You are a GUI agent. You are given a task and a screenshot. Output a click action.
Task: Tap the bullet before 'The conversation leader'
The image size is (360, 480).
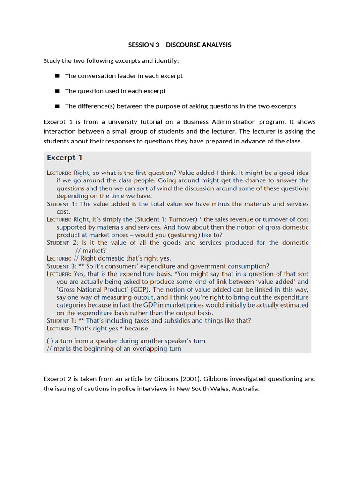(x=57, y=75)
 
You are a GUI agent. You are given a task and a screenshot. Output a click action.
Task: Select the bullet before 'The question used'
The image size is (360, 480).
(x=57, y=91)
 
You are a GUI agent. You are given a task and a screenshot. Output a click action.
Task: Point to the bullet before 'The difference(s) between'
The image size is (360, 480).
(x=57, y=106)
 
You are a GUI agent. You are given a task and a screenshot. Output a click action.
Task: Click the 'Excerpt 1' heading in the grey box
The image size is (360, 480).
(x=65, y=157)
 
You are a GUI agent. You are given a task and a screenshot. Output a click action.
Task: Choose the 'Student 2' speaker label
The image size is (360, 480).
(x=63, y=243)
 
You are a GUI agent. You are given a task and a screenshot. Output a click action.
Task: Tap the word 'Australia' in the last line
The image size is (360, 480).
(x=244, y=389)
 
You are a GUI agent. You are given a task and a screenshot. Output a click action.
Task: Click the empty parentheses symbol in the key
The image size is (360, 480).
(x=50, y=341)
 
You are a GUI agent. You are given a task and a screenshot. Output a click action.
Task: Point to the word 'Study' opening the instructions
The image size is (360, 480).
(x=52, y=61)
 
